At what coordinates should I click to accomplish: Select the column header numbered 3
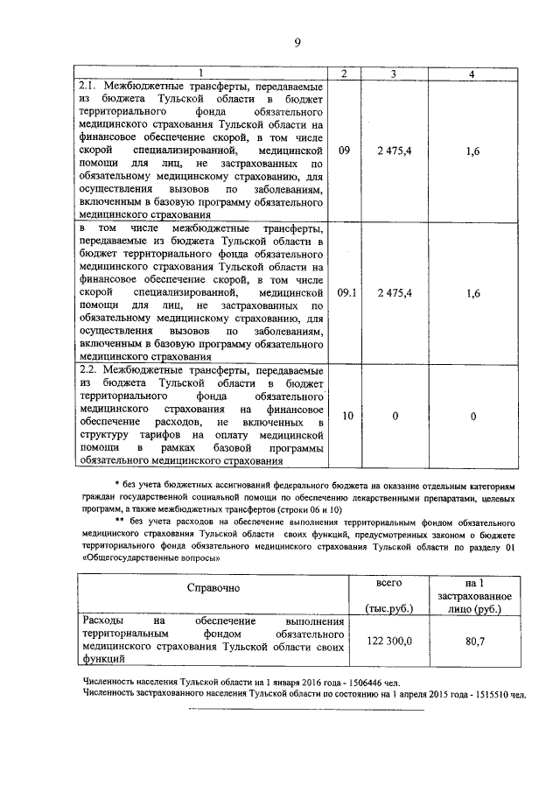394,74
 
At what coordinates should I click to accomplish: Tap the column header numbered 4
472,74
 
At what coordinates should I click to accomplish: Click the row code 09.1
346,295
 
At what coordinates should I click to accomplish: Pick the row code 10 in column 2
346,417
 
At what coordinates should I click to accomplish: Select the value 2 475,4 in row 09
394,151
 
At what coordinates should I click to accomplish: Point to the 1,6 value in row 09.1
472,295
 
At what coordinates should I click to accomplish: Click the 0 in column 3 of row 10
394,417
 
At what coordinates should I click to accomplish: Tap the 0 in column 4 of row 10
472,417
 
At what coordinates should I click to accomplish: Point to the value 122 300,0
388,641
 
